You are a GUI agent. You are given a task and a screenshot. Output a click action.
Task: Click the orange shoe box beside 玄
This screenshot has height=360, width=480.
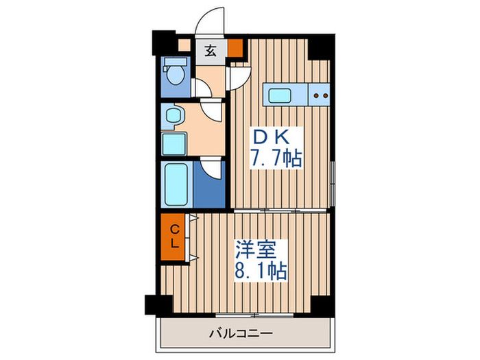coord(235,49)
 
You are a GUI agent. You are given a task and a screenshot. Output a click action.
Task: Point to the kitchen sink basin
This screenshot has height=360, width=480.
coord(280,95)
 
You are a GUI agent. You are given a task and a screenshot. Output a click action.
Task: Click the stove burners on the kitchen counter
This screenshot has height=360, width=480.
coord(320,95)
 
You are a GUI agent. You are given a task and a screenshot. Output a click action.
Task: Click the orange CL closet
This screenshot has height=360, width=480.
coord(173,236)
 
